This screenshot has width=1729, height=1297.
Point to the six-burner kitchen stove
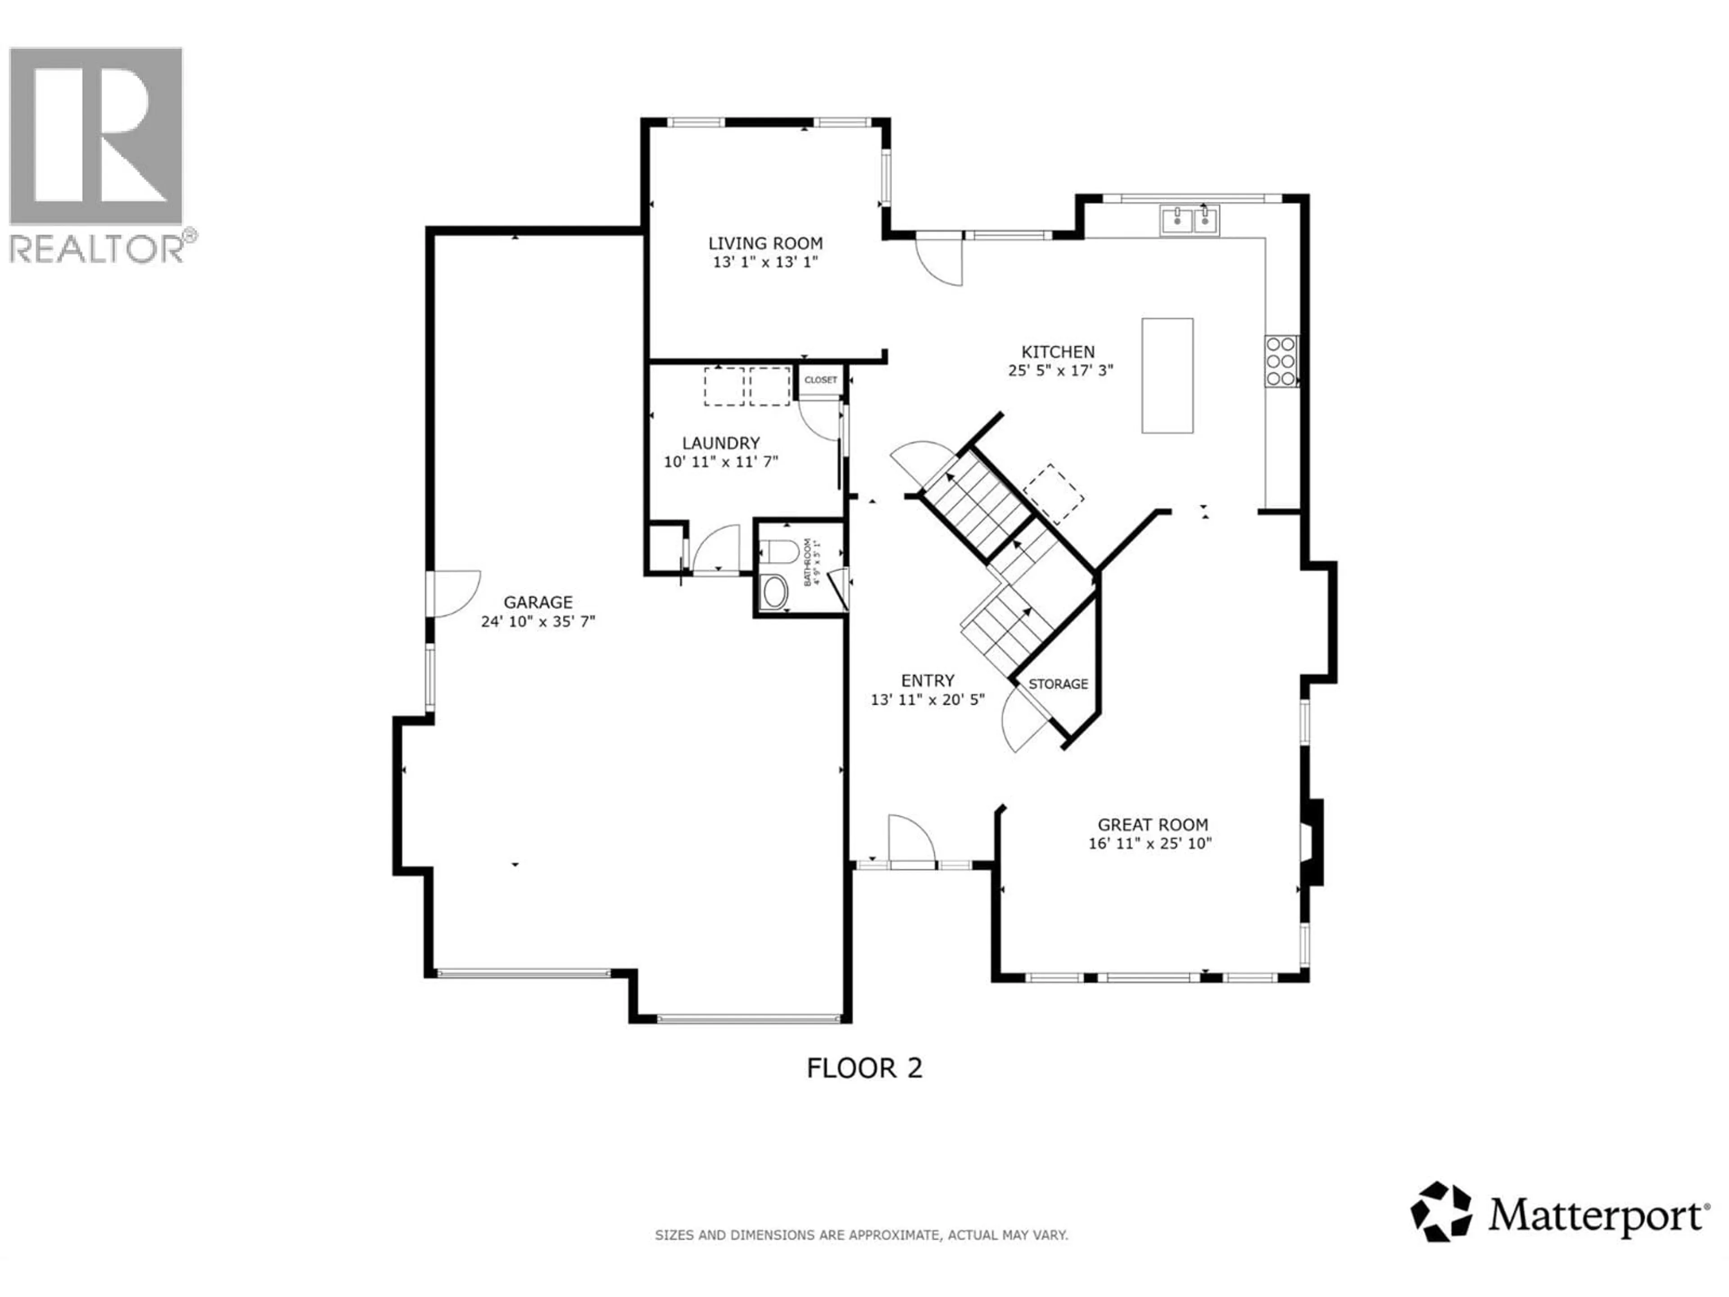(x=1281, y=361)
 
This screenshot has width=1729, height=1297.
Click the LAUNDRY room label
(x=721, y=443)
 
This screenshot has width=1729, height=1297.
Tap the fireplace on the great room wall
(x=1313, y=842)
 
